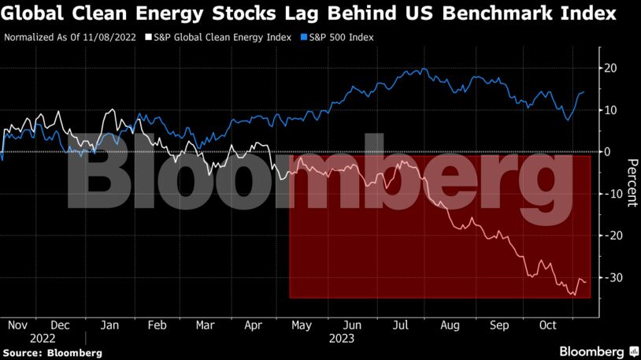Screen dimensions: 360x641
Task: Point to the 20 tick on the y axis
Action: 610,69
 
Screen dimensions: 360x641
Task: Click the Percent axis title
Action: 631,183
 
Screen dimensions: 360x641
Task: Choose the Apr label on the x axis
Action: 254,325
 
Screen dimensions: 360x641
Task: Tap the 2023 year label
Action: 342,339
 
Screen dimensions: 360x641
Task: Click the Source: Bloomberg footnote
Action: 52,352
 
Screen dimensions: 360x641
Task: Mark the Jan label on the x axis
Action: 109,325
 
